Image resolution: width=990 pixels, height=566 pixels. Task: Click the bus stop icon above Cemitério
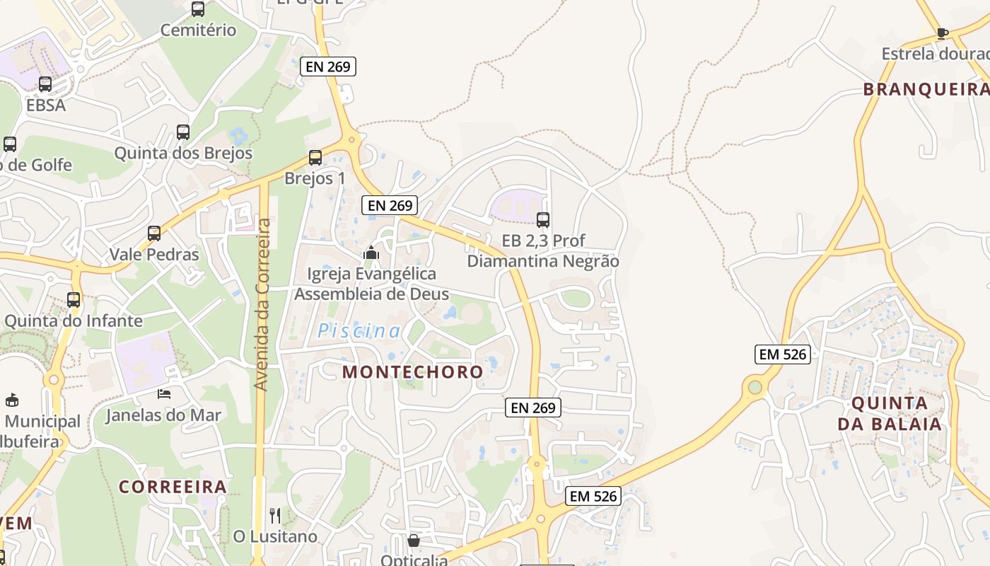coord(198,9)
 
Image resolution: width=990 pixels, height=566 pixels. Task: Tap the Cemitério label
coord(198,30)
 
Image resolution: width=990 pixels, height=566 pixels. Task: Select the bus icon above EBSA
coord(45,84)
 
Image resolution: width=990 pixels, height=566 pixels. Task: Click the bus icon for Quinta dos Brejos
coord(183,132)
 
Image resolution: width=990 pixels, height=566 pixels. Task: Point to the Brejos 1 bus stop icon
coord(315,158)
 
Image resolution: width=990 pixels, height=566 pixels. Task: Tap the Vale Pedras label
coord(154,255)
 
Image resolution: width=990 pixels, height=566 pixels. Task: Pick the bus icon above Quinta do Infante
coord(74,299)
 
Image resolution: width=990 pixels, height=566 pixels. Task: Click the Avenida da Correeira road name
coord(262,304)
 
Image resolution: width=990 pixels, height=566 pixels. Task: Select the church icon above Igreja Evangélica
coord(371,253)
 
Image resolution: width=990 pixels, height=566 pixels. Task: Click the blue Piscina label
coord(359,330)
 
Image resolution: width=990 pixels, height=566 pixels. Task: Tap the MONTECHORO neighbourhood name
coord(413,372)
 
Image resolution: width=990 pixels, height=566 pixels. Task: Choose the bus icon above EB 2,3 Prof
coord(543,219)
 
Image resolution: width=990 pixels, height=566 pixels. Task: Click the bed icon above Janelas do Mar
coord(164,393)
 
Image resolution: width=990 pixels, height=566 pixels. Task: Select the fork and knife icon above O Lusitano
coord(275,515)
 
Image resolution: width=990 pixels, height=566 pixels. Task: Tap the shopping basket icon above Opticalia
coord(414,541)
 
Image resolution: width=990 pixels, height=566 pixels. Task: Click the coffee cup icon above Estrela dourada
coord(942,33)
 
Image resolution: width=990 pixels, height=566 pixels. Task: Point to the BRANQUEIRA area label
coord(926,90)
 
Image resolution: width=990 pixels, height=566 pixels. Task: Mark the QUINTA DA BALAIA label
coord(890,414)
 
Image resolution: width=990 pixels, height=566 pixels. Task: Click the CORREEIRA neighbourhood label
coord(173,487)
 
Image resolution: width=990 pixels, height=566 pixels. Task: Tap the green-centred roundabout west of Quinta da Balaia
coord(755,387)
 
